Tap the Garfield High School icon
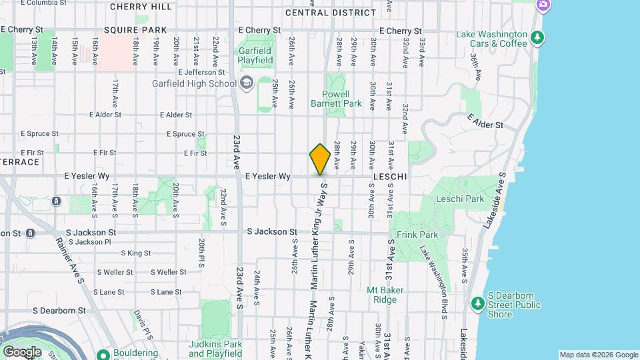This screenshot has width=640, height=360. pyautogui.click(x=247, y=83)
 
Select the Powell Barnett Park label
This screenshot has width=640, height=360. pyautogui.click(x=336, y=99)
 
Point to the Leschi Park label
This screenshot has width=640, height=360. pyautogui.click(x=459, y=199)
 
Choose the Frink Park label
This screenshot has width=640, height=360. pyautogui.click(x=417, y=235)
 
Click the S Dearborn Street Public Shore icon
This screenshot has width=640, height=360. pyautogui.click(x=477, y=305)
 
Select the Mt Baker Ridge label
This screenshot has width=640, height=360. pyautogui.click(x=382, y=295)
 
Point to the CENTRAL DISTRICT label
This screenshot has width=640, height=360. pyautogui.click(x=330, y=13)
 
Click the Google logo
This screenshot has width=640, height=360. pyautogui.click(x=22, y=351)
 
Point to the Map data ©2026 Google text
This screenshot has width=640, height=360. pyautogui.click(x=598, y=355)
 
